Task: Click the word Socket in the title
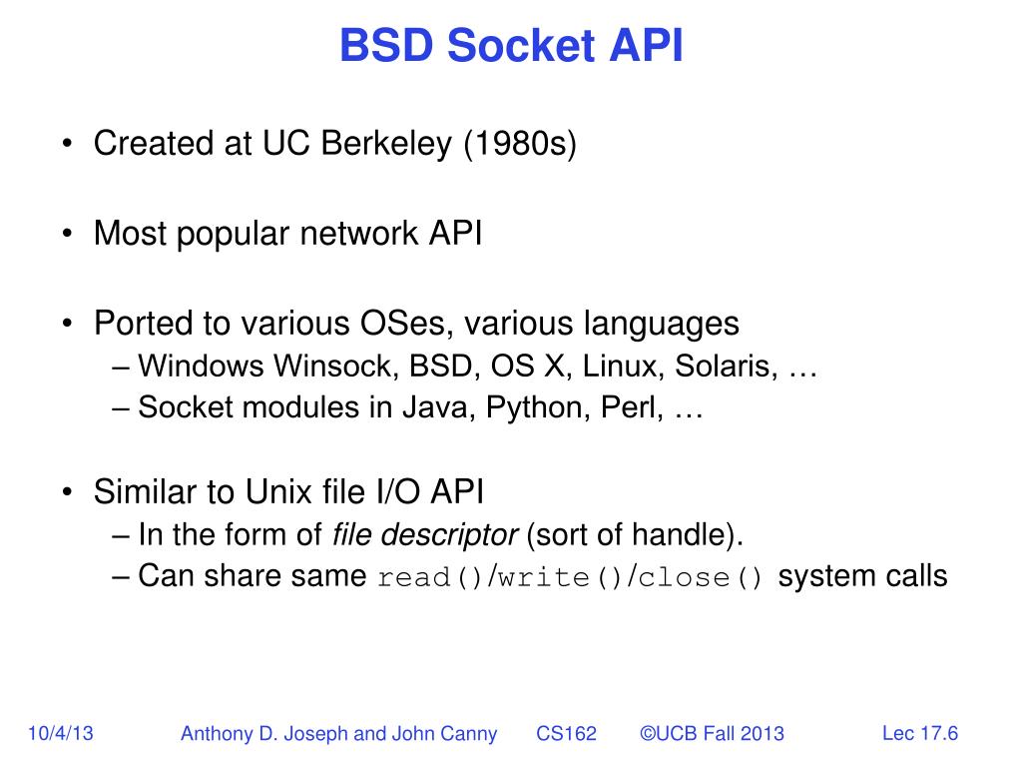(510, 46)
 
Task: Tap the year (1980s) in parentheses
(519, 144)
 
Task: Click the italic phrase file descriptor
(424, 535)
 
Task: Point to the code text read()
(430, 579)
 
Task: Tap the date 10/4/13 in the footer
(61, 734)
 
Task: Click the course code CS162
(566, 734)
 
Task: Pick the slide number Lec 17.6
(920, 734)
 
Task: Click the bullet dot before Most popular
(67, 235)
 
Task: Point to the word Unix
(266, 492)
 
